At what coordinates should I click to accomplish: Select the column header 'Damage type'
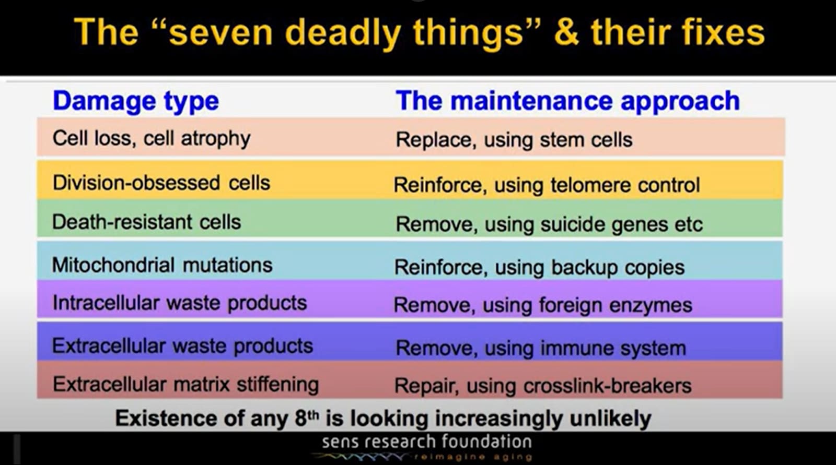click(x=136, y=101)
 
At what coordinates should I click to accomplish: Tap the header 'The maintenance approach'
click(x=567, y=101)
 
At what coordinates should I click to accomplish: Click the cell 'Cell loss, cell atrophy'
click(x=151, y=139)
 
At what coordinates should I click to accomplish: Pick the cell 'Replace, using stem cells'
click(x=514, y=140)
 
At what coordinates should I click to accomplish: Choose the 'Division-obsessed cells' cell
click(x=161, y=183)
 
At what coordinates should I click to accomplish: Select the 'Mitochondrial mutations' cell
click(x=162, y=265)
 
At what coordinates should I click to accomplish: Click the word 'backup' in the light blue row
click(x=585, y=268)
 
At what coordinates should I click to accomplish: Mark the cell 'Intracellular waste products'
click(x=180, y=303)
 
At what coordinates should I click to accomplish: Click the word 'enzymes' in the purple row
click(x=651, y=305)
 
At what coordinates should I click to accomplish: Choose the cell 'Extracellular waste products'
click(x=182, y=345)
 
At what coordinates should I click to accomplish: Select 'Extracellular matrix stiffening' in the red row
click(x=185, y=385)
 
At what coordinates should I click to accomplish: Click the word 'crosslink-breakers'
click(x=607, y=386)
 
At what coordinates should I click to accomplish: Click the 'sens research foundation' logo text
click(x=426, y=442)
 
